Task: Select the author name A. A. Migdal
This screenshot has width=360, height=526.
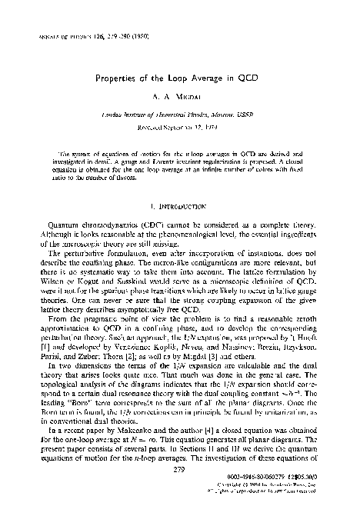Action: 180,99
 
